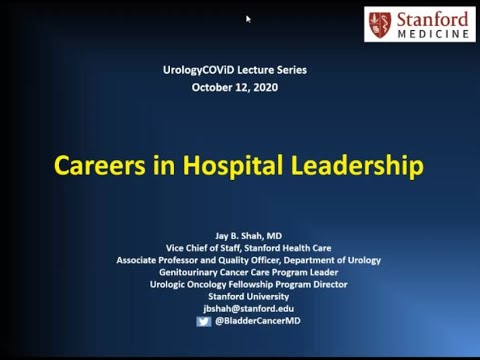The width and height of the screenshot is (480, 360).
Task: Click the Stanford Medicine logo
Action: tap(419, 24)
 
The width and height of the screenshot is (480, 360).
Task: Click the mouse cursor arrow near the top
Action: tap(248, 18)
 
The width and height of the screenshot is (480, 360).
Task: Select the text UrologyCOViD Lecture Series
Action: tap(236, 70)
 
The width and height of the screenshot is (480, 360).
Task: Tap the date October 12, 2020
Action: tap(235, 87)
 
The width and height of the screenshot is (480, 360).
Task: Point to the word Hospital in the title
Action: tap(225, 164)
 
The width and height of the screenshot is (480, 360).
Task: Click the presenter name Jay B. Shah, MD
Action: tap(262, 235)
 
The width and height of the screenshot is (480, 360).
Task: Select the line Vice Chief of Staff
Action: tap(262, 247)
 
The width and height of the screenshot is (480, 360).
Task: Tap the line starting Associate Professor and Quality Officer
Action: tap(262, 259)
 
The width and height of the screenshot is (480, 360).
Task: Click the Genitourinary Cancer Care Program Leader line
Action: tap(262, 272)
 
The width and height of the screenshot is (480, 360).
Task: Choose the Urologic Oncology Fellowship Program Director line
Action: tap(262, 284)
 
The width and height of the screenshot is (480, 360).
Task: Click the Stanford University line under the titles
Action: tap(262, 296)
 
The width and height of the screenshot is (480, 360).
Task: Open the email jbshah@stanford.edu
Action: tap(262, 308)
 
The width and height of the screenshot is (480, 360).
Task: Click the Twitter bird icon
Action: tap(204, 321)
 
